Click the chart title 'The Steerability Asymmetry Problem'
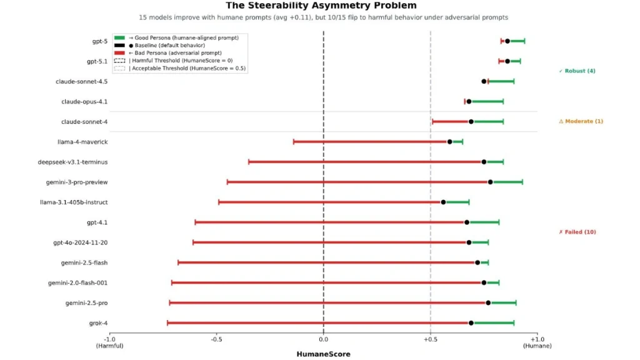[321, 6]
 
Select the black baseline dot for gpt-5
[507, 41]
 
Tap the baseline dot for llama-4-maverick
[450, 142]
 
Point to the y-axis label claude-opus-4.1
[84, 101]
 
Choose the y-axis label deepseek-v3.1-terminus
[72, 162]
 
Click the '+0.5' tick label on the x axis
[430, 339]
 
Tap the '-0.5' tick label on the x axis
[217, 339]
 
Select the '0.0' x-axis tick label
[323, 339]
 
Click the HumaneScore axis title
[323, 354]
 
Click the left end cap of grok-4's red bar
[167, 323]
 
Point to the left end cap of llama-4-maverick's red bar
[293, 142]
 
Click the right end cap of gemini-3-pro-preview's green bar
[522, 182]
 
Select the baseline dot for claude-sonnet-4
[471, 121]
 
